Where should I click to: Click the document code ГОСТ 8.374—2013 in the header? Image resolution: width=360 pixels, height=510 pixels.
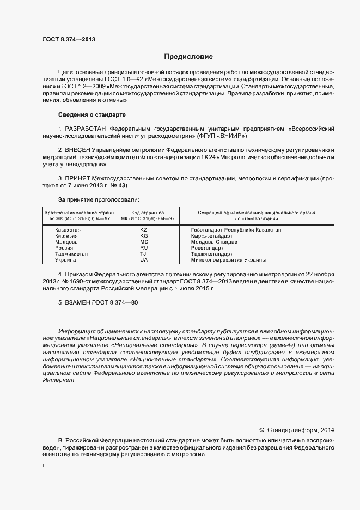69,39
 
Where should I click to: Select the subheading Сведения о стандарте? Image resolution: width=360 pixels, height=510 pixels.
91,115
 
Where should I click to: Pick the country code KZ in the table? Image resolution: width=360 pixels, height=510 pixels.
144,230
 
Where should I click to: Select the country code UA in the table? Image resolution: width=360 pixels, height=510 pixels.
144,260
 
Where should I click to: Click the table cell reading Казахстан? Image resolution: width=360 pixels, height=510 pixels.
68,230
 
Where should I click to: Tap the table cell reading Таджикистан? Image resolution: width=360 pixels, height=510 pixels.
71,254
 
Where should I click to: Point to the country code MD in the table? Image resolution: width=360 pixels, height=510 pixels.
144,242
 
